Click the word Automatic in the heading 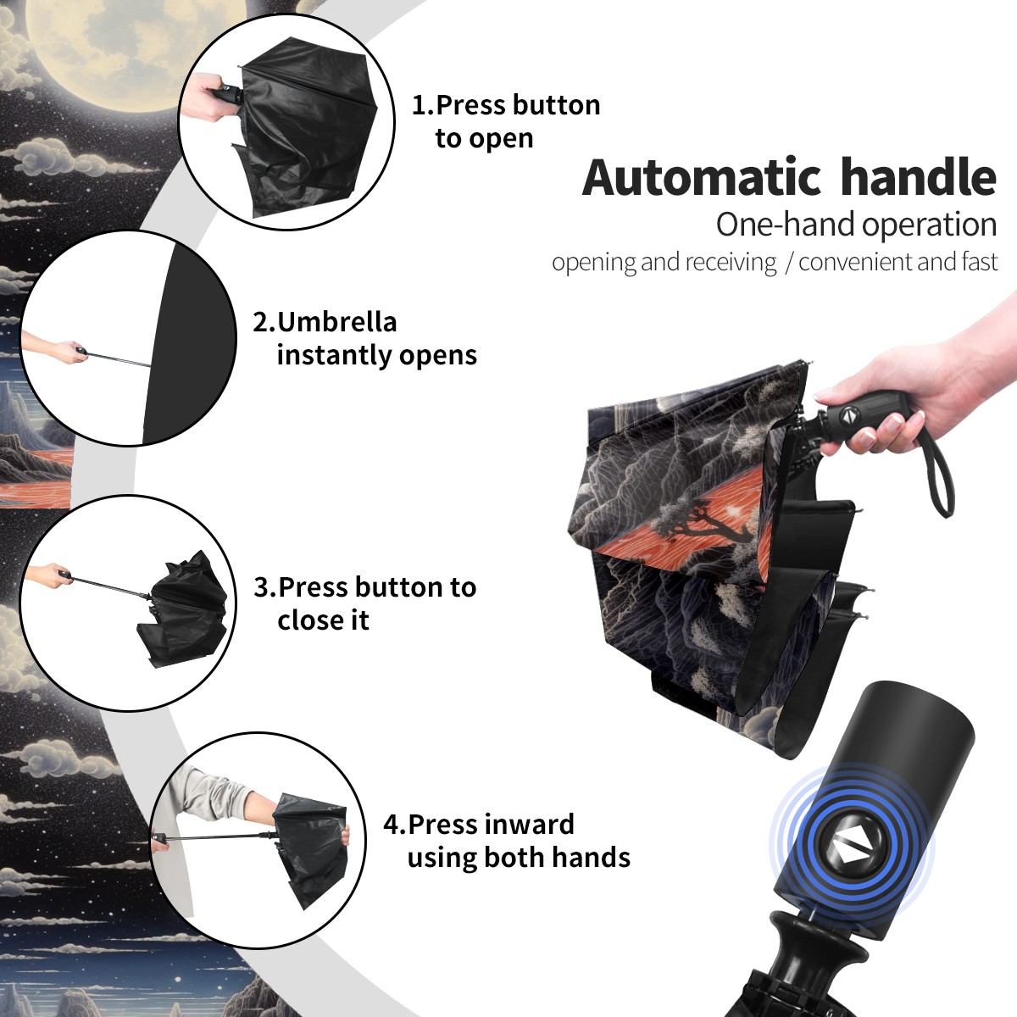click(702, 177)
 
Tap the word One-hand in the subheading click(786, 225)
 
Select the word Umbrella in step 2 click(336, 322)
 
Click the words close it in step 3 click(323, 620)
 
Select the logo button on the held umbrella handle click(847, 415)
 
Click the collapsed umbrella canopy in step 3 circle click(185, 610)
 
